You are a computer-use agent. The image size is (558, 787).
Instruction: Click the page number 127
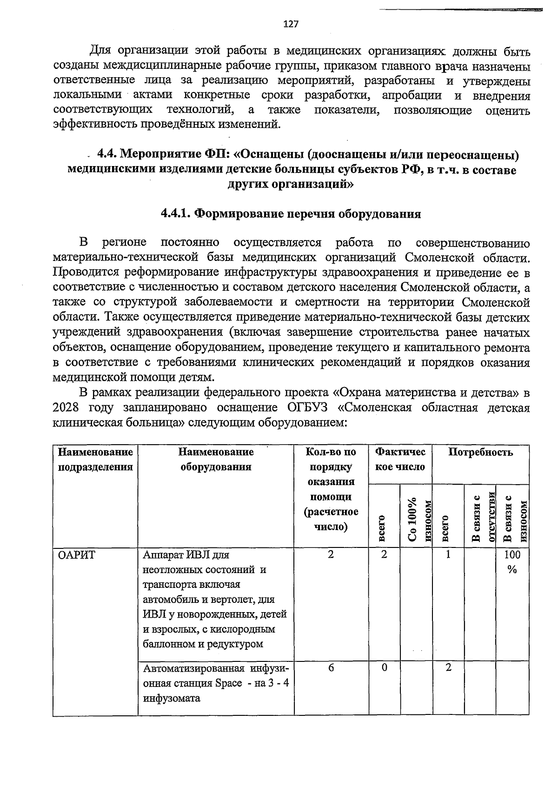pyautogui.click(x=291, y=24)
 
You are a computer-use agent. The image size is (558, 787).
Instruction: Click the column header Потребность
pyautogui.click(x=480, y=452)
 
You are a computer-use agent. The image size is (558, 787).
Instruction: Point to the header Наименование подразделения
pyautogui.click(x=95, y=460)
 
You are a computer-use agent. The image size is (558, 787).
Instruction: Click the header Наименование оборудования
pyautogui.click(x=216, y=460)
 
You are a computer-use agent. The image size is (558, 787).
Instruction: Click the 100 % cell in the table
pyautogui.click(x=512, y=562)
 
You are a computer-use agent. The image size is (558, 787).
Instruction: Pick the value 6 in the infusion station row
pyautogui.click(x=331, y=667)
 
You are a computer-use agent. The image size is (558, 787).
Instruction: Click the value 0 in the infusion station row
pyautogui.click(x=384, y=667)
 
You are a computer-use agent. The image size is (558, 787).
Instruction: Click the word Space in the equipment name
pyautogui.click(x=229, y=683)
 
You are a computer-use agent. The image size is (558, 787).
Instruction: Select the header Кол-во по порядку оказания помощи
pyautogui.click(x=331, y=489)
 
